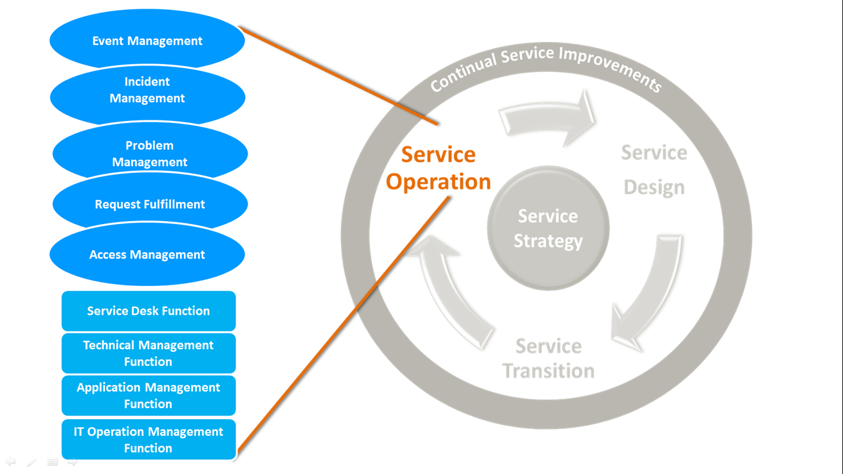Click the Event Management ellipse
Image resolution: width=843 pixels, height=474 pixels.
click(x=147, y=41)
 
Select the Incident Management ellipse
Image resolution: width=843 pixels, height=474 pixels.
click(x=147, y=90)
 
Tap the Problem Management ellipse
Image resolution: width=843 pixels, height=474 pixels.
click(x=150, y=154)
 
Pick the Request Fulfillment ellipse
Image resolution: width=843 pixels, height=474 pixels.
click(x=150, y=204)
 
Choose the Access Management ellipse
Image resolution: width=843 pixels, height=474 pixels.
click(x=147, y=255)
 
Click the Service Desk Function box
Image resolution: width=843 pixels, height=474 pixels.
click(x=148, y=311)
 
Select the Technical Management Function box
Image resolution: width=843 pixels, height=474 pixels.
click(x=148, y=354)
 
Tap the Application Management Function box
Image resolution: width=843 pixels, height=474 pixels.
click(x=148, y=396)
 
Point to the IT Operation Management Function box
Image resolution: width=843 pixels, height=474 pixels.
click(x=148, y=440)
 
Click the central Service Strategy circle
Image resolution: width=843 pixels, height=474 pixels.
click(x=548, y=228)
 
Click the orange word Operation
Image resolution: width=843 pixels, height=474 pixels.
click(x=438, y=182)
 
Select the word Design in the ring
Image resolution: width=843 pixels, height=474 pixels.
click(x=654, y=187)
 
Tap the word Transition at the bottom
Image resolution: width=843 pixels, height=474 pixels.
click(x=549, y=371)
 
